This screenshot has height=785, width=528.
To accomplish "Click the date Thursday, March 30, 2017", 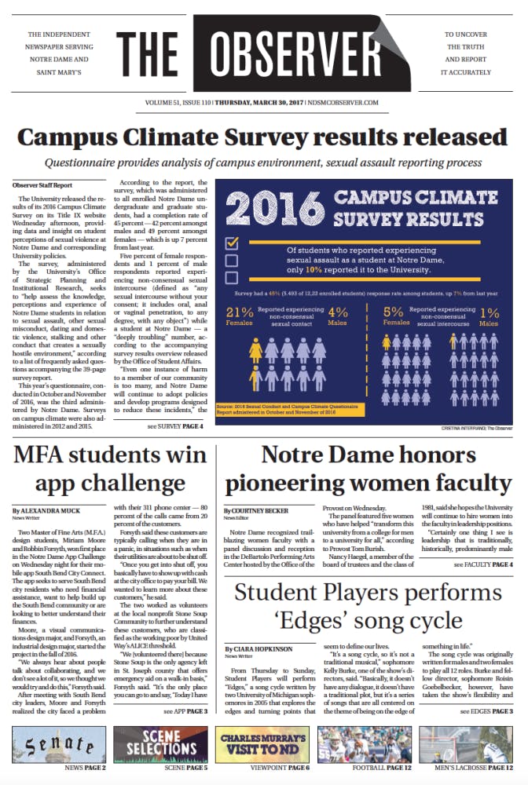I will click(x=274, y=102).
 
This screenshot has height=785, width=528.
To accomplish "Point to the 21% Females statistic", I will click(x=240, y=316).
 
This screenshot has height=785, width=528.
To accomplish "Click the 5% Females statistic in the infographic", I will click(x=396, y=316).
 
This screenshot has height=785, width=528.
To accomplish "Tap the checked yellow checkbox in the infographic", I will click(x=232, y=243).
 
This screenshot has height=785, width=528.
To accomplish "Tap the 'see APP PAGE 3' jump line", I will click(x=185, y=711).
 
